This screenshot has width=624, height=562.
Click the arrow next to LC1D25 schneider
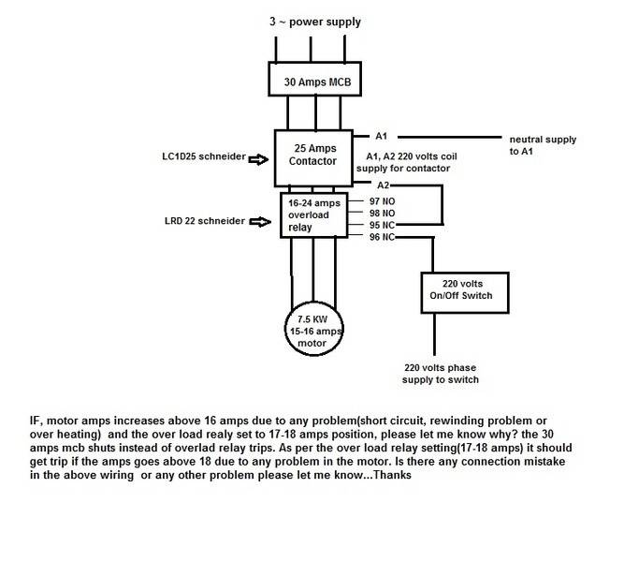[x=258, y=160]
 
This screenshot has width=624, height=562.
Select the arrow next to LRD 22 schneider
[x=260, y=222]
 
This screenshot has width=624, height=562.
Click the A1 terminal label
[x=382, y=137]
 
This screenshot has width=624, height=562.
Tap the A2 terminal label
[x=383, y=185]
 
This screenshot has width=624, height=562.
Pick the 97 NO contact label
[x=382, y=201]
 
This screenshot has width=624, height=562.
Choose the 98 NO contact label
[x=382, y=214]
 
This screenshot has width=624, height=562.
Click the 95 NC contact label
[x=382, y=225]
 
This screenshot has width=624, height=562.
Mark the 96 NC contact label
[x=382, y=237]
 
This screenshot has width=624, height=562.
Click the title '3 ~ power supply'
[x=315, y=22]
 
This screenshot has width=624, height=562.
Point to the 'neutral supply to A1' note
[x=543, y=145]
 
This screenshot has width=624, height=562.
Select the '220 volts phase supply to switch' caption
[x=440, y=374]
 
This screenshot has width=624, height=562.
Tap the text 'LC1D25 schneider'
[x=204, y=156]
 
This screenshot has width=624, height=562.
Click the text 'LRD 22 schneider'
[x=205, y=221]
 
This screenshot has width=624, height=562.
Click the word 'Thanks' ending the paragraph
[x=392, y=475]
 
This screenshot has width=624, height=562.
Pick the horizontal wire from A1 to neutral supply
[x=450, y=137]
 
